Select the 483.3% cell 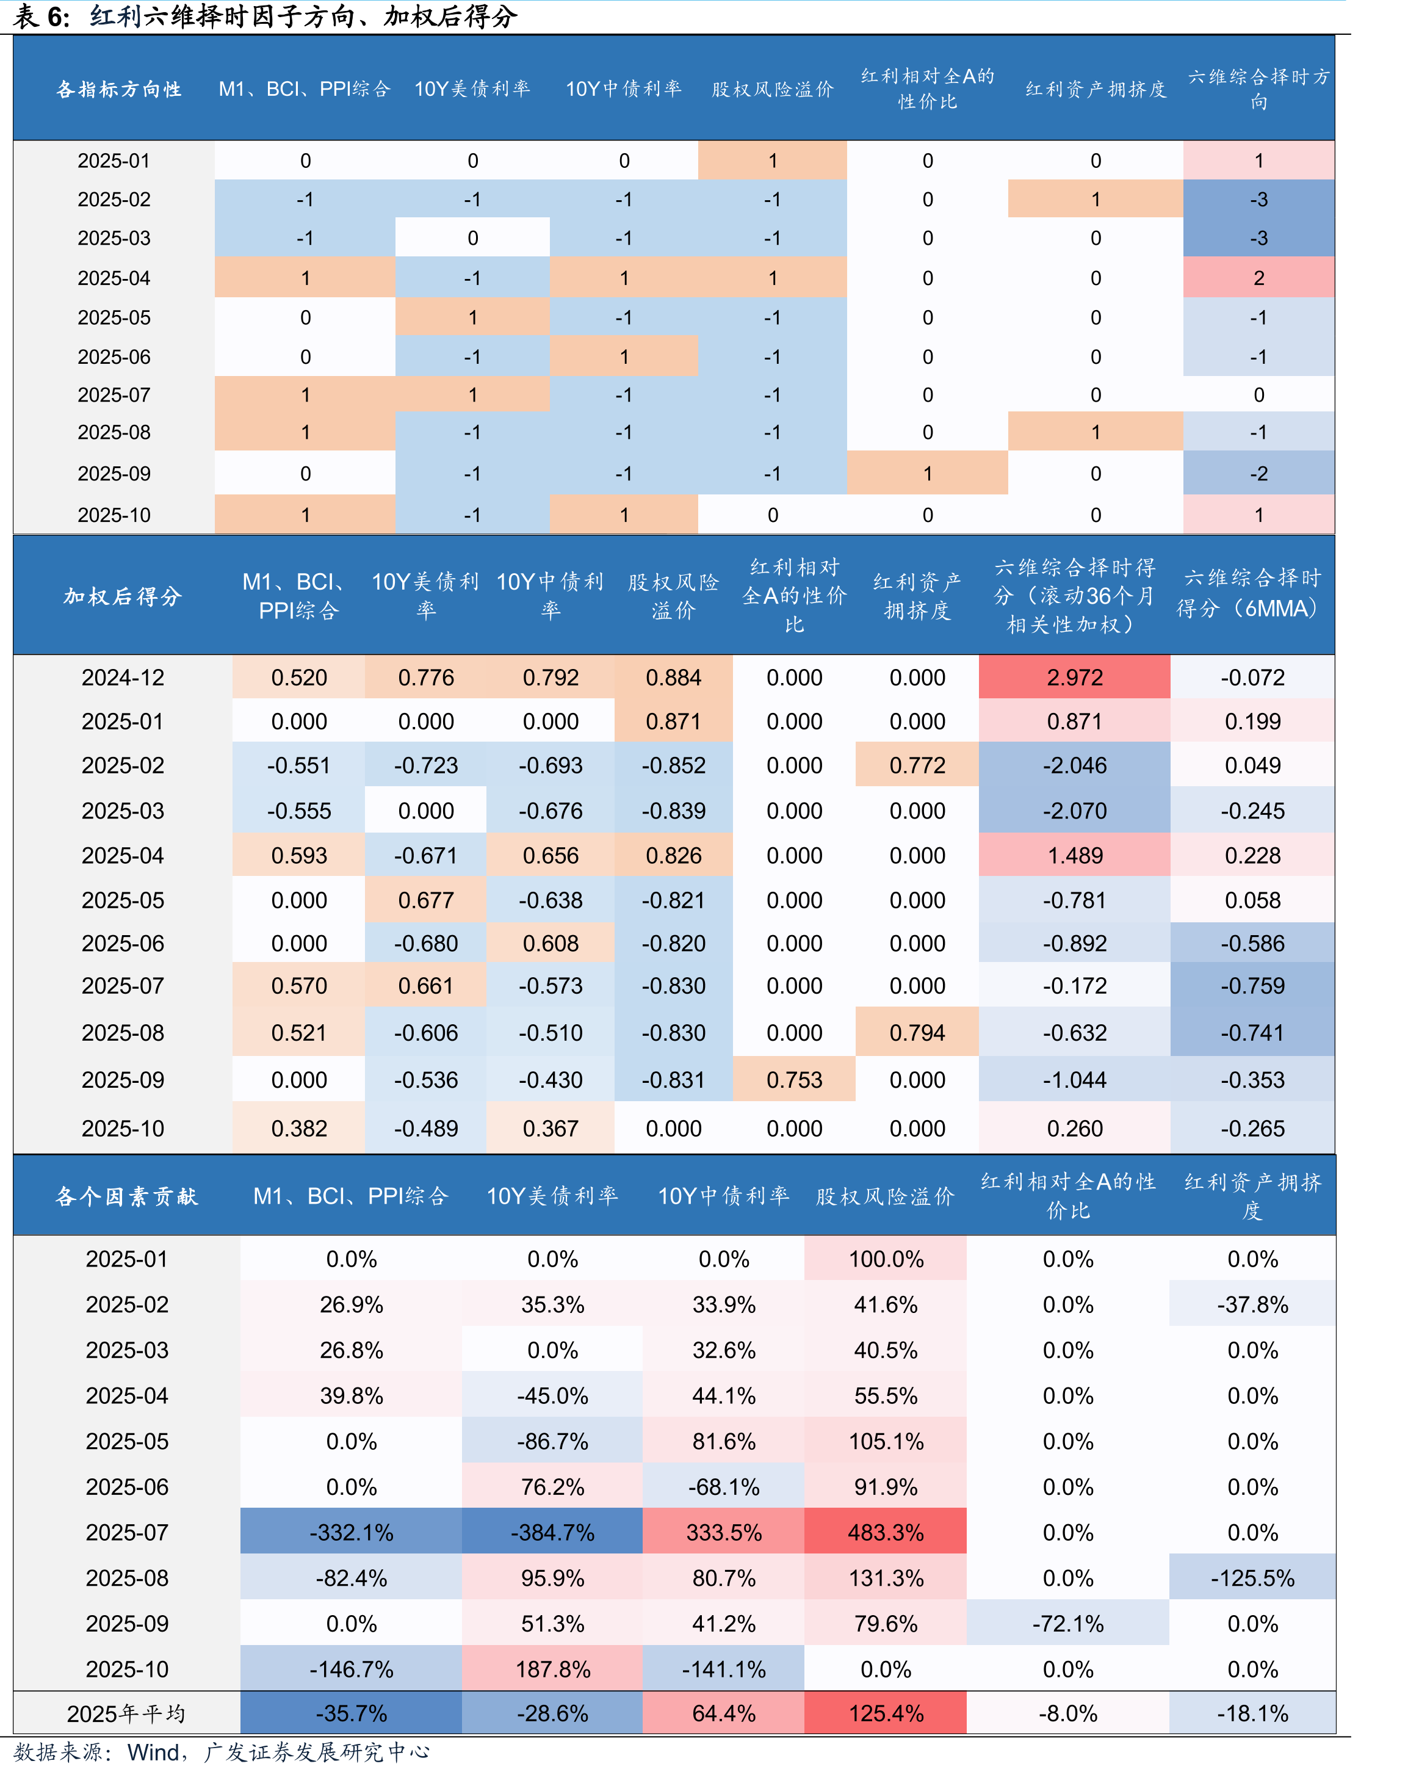click(886, 1532)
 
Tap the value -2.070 click(1074, 811)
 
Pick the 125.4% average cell click(886, 1713)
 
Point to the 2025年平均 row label click(126, 1713)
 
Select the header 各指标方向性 click(119, 89)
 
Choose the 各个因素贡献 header click(126, 1196)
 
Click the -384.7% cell click(552, 1532)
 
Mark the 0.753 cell click(793, 1079)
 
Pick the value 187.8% click(552, 1669)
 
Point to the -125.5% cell click(1252, 1578)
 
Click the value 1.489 click(1074, 856)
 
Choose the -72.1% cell click(1067, 1623)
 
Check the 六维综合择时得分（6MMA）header click(1252, 593)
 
